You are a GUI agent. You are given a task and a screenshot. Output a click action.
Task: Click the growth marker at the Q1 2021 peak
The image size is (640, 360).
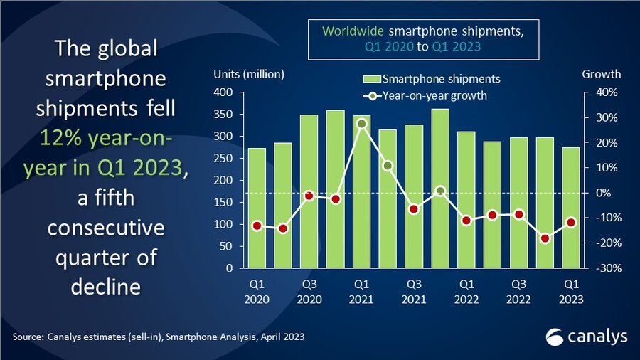[x=361, y=124]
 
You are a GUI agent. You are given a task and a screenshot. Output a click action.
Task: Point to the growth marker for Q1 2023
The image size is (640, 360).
[x=571, y=223]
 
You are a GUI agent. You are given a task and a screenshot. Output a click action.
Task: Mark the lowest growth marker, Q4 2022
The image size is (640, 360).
[x=545, y=238]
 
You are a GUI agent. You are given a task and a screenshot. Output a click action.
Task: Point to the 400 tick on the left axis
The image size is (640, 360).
[x=224, y=92]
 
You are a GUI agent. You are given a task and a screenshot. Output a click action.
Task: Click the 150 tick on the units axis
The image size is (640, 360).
[x=224, y=202]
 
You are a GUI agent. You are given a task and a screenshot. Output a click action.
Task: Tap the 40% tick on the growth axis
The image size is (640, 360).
[x=594, y=92]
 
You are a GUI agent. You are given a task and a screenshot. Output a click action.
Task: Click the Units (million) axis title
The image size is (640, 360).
[x=249, y=74]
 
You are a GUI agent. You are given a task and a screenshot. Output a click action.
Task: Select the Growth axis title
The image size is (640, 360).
[x=601, y=74]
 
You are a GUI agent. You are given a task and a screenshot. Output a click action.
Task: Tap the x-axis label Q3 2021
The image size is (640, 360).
[x=414, y=291]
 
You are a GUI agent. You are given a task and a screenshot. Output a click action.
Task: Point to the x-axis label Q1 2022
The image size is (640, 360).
[x=466, y=291]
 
